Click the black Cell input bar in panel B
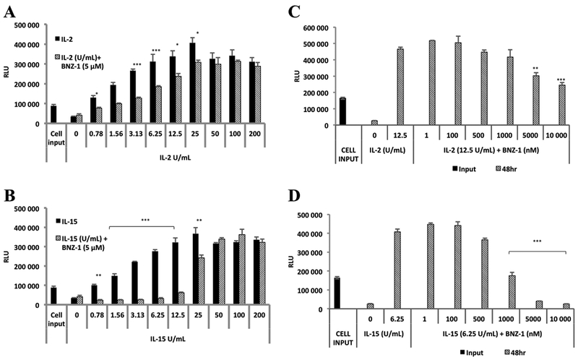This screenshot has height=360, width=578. (x=53, y=296)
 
